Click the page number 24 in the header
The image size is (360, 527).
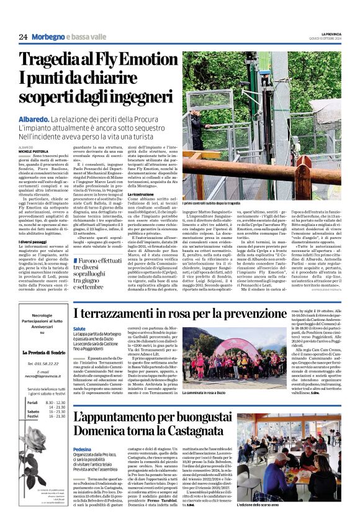tap(24, 37)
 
